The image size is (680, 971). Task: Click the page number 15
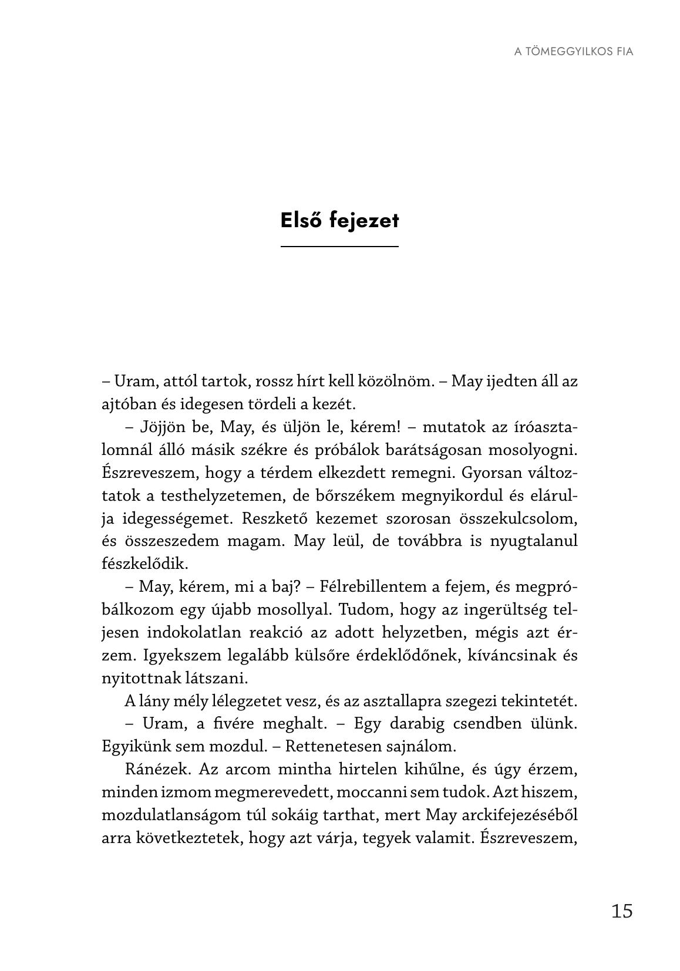tap(622, 911)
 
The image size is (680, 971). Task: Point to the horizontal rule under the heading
tap(339, 247)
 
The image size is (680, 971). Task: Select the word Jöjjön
tap(162, 427)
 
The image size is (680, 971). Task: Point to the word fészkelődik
tap(145, 564)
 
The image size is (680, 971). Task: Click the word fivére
tap(234, 724)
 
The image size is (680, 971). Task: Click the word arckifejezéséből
tap(520, 815)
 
